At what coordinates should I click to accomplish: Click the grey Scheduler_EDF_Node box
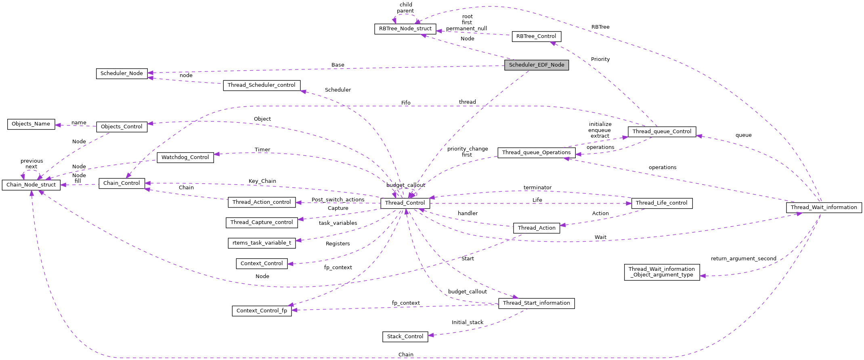536,65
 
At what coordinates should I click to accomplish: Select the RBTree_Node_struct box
405,29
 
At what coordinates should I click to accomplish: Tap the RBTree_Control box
536,36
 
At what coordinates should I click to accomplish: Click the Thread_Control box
405,203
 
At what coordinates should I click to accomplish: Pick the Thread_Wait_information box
824,207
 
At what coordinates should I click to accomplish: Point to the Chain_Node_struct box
31,185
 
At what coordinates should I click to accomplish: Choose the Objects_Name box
31,124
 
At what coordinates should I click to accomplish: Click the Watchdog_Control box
185,157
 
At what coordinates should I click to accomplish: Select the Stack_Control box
405,337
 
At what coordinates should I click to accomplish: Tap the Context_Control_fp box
262,311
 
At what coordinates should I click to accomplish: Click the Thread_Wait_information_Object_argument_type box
661,272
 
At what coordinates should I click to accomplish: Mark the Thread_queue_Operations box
536,153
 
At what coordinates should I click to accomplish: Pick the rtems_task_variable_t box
262,243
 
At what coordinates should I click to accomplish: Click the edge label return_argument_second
743,259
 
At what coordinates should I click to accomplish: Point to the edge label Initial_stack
467,322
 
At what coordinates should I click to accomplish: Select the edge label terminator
537,188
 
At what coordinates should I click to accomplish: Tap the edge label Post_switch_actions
338,200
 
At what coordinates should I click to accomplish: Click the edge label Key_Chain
262,181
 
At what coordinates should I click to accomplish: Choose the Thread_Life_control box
661,203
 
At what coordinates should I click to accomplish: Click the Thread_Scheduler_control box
261,85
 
